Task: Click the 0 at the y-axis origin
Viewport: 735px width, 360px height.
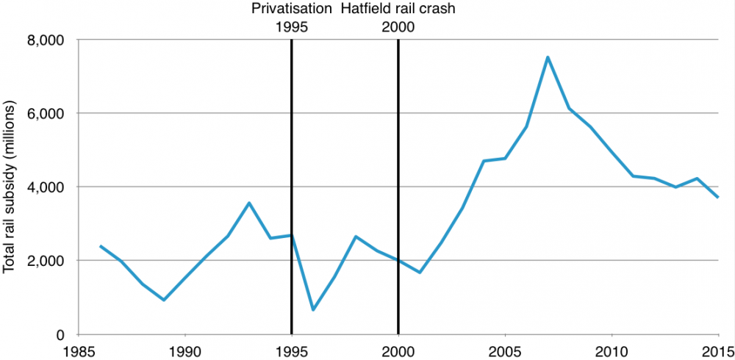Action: pyautogui.click(x=62, y=334)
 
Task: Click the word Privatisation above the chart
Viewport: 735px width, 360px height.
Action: pyautogui.click(x=291, y=10)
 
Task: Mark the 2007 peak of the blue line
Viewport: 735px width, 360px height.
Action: pyautogui.click(x=548, y=57)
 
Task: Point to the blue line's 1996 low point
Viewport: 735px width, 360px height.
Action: pyautogui.click(x=313, y=309)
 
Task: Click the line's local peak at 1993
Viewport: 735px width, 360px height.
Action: pyautogui.click(x=249, y=203)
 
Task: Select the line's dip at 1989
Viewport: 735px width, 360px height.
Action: pyautogui.click(x=164, y=300)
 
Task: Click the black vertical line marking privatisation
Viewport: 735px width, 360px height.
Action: pyautogui.click(x=292, y=184)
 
